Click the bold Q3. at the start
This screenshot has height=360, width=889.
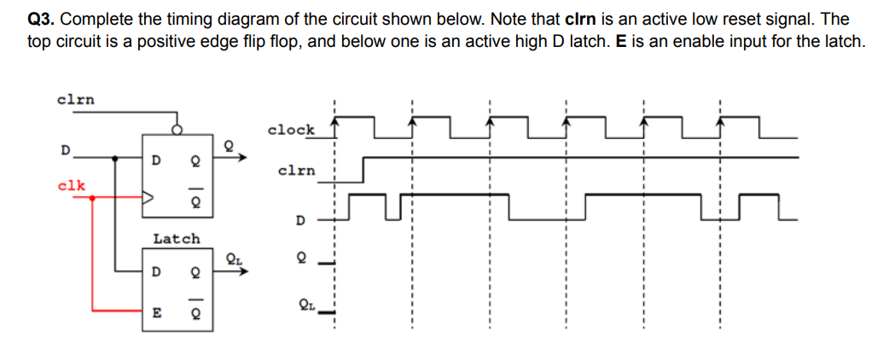pyautogui.click(x=43, y=19)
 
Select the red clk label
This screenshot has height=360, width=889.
pyautogui.click(x=72, y=184)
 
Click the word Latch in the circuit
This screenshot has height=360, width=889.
pyautogui.click(x=177, y=239)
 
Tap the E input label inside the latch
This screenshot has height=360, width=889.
pyautogui.click(x=155, y=312)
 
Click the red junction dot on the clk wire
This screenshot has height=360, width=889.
pyautogui.click(x=92, y=197)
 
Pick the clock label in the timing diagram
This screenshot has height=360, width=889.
pyautogui.click(x=291, y=130)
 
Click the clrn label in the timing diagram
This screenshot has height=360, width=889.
pyautogui.click(x=296, y=171)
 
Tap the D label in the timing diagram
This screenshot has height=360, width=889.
pyautogui.click(x=299, y=221)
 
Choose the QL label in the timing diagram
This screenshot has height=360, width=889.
pyautogui.click(x=305, y=305)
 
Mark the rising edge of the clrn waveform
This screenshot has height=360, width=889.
pyautogui.click(x=364, y=169)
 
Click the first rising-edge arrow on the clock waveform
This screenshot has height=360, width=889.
pyautogui.click(x=334, y=125)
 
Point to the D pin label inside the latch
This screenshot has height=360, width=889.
pyautogui.click(x=154, y=273)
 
